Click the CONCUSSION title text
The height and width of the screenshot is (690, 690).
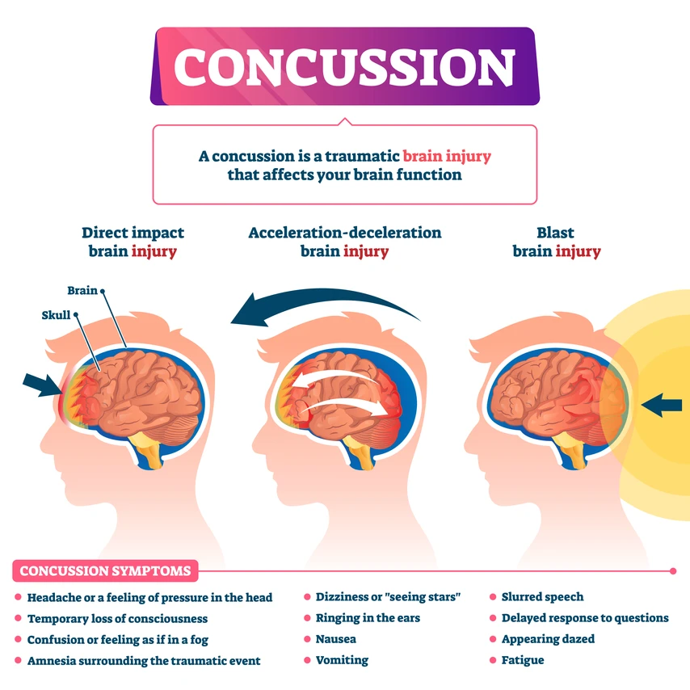(344, 66)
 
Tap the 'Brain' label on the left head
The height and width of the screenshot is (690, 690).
(82, 290)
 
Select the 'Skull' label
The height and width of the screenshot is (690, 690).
(57, 315)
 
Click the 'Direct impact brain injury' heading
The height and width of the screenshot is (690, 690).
(133, 242)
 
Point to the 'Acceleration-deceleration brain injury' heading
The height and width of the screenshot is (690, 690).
(345, 242)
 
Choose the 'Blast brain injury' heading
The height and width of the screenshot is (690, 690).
(557, 242)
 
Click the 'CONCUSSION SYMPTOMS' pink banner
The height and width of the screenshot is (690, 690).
(105, 571)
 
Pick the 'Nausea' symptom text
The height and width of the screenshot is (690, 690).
(335, 639)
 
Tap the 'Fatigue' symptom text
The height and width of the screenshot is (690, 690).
(522, 660)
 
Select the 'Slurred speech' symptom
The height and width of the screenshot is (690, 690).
(542, 597)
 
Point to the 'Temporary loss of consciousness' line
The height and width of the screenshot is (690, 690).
(117, 618)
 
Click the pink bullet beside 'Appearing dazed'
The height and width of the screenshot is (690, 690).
(493, 639)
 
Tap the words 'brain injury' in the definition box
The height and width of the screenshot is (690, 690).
(447, 156)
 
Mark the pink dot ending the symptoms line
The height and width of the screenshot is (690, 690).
(672, 571)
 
